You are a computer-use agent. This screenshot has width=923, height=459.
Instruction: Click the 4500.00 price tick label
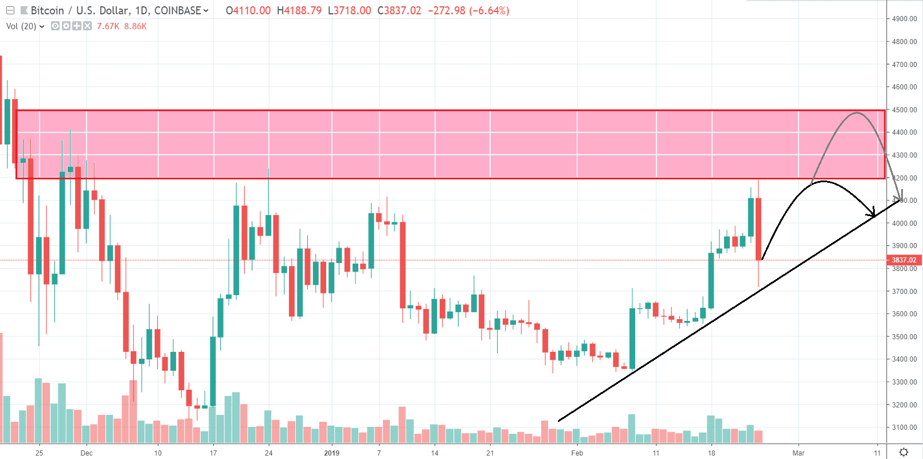tap(904, 110)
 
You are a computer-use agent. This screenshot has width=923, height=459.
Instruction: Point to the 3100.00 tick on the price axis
tap(904, 427)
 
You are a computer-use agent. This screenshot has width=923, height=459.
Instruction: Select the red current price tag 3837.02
tap(904, 260)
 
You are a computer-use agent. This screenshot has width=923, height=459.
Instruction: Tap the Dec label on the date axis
tap(87, 453)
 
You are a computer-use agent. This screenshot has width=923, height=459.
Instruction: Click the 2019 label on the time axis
tap(331, 453)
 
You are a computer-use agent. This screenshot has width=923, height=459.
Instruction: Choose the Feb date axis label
tap(577, 453)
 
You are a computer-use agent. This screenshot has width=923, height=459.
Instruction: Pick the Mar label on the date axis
tap(798, 453)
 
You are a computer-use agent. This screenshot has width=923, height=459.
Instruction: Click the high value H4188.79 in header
tap(299, 11)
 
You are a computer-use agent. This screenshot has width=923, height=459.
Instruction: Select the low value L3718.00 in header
tap(349, 11)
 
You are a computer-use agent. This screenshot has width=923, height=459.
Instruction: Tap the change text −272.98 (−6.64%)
tap(468, 11)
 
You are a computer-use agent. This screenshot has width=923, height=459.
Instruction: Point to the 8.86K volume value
tap(135, 26)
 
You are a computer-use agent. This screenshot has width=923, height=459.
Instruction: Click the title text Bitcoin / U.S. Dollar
tap(79, 11)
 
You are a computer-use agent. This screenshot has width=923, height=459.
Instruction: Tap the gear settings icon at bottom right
tap(904, 453)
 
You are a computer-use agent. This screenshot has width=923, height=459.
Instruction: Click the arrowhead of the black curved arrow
tap(873, 213)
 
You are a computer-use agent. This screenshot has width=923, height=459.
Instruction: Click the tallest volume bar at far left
tap(1, 388)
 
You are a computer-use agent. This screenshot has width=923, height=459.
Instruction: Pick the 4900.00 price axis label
tap(904, 19)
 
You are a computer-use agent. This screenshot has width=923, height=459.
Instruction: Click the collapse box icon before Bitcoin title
tap(10, 11)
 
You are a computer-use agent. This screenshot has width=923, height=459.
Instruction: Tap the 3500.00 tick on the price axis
tap(904, 337)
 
